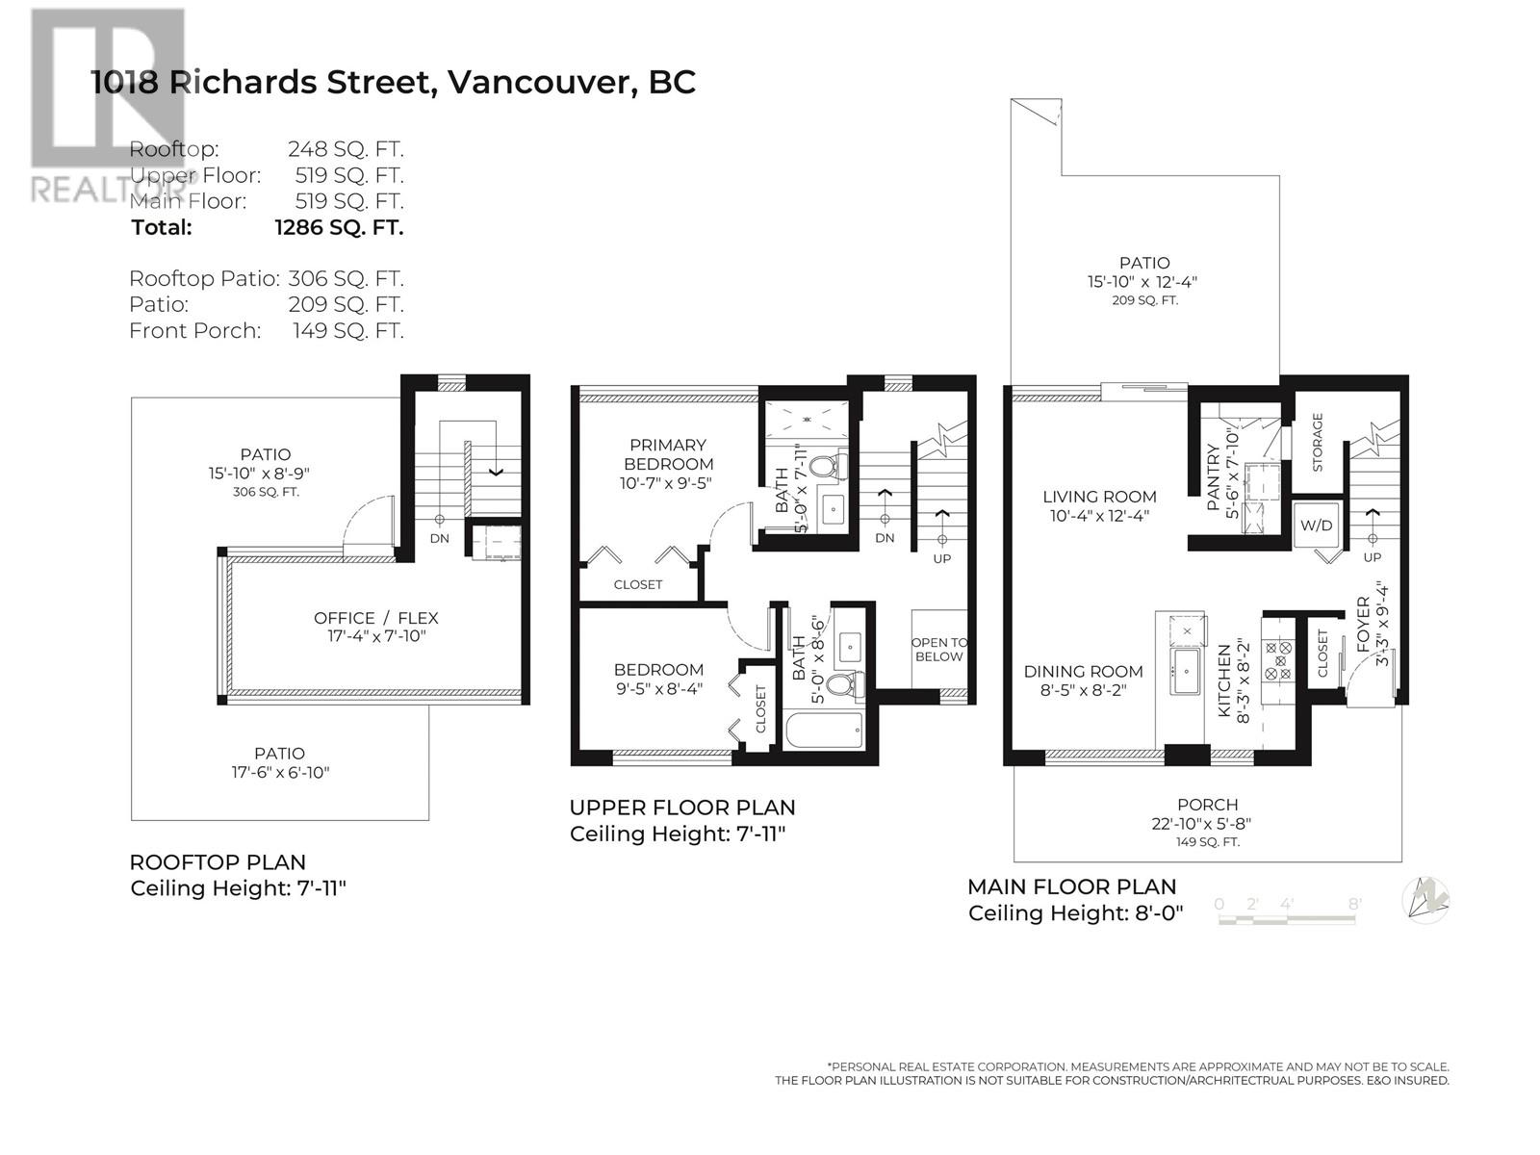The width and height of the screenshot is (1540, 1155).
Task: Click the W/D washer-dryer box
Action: tap(1316, 525)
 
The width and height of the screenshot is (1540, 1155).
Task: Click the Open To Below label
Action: tap(938, 650)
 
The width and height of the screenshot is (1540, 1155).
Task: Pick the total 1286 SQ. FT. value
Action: tap(339, 228)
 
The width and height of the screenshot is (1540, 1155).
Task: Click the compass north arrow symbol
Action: tap(1426, 899)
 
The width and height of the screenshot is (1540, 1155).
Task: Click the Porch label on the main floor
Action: tap(1207, 805)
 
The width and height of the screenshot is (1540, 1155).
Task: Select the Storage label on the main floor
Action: tap(1318, 442)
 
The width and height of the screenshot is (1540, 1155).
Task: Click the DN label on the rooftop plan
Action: tap(439, 538)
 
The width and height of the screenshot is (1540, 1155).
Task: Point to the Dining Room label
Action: tap(1083, 672)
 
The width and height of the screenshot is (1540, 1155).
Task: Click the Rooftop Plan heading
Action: tap(218, 862)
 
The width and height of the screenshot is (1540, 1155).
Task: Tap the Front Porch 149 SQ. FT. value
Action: tap(347, 331)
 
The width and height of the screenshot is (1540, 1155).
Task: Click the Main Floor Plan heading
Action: tap(1071, 886)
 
